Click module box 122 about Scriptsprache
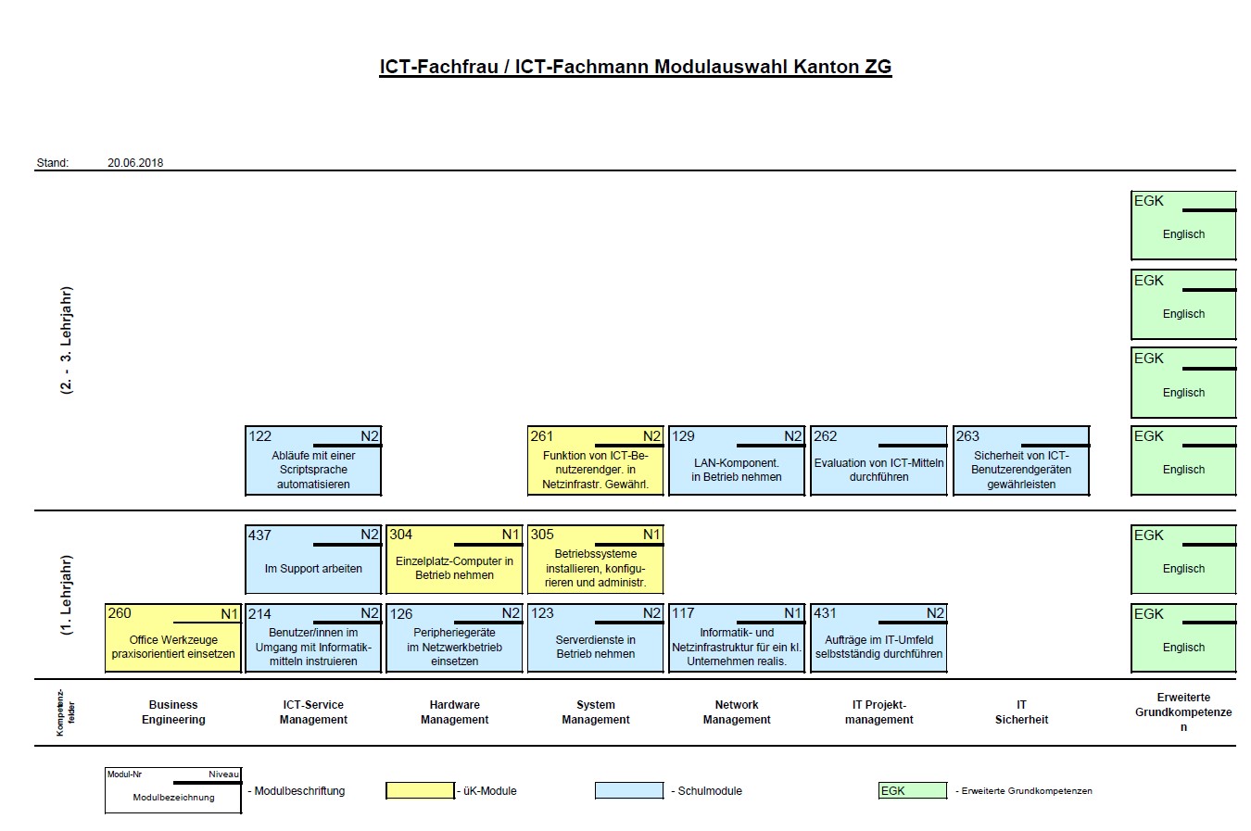(313, 461)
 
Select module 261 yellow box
(595, 461)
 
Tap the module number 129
(683, 436)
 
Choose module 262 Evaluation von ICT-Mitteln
(878, 461)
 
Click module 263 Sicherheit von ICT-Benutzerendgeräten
(1021, 461)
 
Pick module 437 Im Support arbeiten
(313, 560)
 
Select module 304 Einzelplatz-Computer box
(454, 560)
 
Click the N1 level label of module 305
(651, 535)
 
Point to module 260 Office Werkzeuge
(173, 639)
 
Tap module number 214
(259, 613)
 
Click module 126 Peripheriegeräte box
(454, 639)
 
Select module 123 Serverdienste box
(595, 639)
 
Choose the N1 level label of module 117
(792, 613)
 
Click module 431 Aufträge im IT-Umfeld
(878, 639)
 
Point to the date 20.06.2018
(135, 163)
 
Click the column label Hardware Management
(454, 712)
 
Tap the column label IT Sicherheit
(1021, 712)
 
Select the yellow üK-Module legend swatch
(420, 790)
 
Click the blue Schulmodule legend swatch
(629, 790)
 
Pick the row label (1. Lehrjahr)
(66, 595)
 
